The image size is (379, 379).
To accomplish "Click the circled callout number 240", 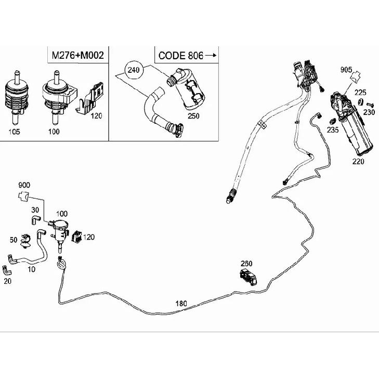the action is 134,70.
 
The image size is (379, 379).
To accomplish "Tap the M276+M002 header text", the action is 78,55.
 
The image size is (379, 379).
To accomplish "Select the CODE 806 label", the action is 181,56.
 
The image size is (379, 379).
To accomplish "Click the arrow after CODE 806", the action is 211,55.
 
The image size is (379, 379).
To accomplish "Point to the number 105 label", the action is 14,132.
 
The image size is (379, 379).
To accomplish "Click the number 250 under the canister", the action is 193,116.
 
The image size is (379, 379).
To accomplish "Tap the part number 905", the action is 346,70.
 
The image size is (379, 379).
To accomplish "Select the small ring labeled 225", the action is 360,102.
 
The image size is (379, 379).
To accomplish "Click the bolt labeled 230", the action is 370,104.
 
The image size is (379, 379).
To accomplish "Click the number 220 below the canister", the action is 358,161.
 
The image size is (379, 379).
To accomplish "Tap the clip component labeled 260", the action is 249,277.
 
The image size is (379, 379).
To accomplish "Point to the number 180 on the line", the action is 181,303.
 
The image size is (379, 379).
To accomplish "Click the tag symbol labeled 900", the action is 23,196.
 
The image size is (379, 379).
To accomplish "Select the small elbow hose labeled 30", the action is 35,219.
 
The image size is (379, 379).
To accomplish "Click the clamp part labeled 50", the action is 25,241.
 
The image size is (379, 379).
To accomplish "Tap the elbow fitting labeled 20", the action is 7,270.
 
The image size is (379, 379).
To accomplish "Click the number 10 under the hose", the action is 31,269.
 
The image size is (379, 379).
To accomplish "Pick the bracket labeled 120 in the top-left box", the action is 89,98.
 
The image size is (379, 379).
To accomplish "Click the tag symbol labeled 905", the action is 355,76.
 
